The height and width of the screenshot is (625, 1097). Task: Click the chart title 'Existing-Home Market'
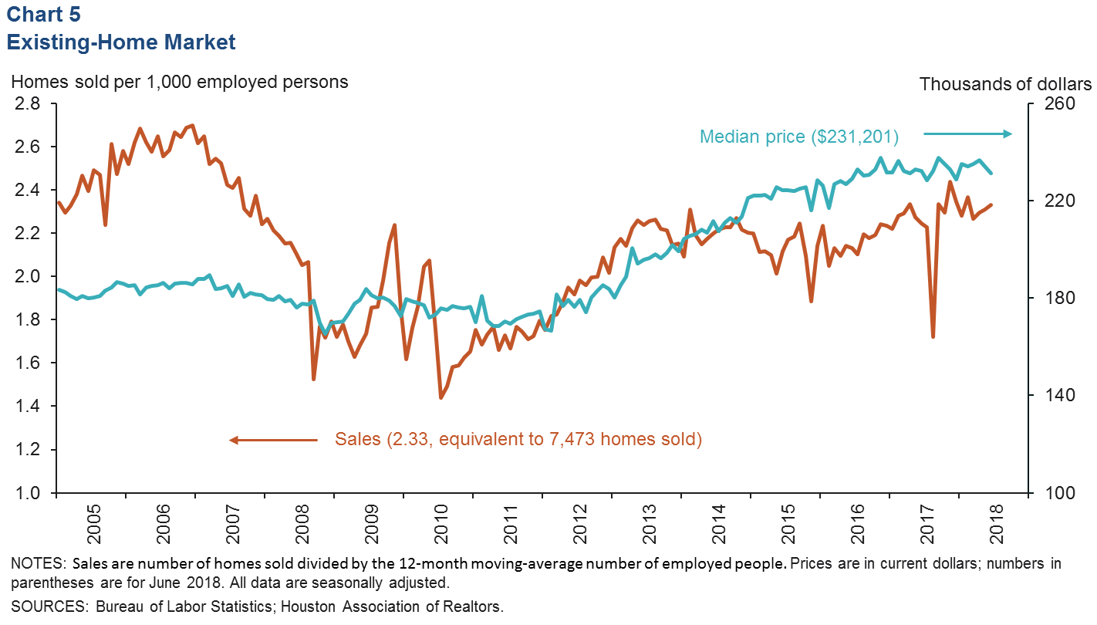pos(121,42)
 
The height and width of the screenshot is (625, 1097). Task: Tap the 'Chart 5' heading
pos(43,14)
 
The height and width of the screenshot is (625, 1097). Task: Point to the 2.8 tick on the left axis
pos(29,103)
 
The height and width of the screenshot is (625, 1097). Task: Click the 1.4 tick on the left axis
pos(29,406)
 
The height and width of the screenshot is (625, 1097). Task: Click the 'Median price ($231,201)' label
pos(799,137)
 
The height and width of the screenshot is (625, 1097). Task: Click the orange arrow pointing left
pos(273,440)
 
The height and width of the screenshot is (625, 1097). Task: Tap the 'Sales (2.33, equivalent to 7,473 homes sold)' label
pos(518,440)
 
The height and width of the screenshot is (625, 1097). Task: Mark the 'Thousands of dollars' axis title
pos(1005,84)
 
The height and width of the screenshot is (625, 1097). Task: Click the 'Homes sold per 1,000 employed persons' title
pos(180,82)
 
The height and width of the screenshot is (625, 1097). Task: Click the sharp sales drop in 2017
pos(933,336)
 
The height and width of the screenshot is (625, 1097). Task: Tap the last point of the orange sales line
pos(991,204)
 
